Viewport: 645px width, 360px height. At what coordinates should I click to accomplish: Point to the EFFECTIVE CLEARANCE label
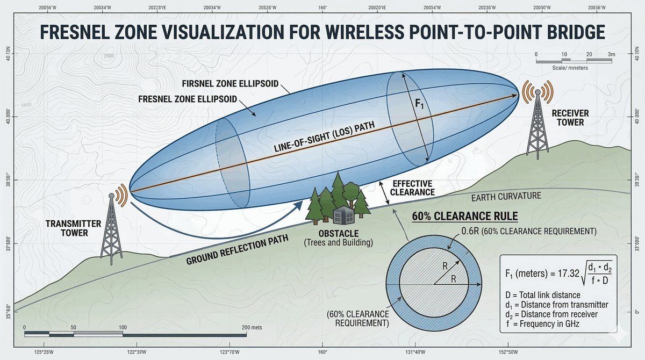412,186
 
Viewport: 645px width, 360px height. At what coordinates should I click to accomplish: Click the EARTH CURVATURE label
506,197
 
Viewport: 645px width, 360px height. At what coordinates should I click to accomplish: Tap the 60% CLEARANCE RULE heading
464,217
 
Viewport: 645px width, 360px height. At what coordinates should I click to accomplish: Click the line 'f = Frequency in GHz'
543,323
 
